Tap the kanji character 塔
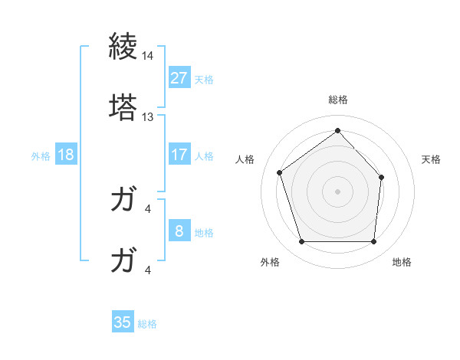click(123, 107)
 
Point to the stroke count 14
click(147, 57)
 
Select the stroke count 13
click(147, 117)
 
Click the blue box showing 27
click(179, 78)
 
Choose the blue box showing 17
click(179, 155)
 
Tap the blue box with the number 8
click(179, 231)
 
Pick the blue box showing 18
click(66, 155)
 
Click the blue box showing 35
click(123, 322)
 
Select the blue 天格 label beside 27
click(204, 80)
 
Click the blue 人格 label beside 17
click(204, 156)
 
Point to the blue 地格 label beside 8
click(204, 233)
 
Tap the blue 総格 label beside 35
click(147, 324)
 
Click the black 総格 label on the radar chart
click(338, 100)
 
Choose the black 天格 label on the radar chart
click(432, 159)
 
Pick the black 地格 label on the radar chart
click(401, 262)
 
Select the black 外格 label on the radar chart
click(270, 262)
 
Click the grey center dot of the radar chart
click(337, 190)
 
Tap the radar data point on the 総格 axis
click(337, 131)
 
